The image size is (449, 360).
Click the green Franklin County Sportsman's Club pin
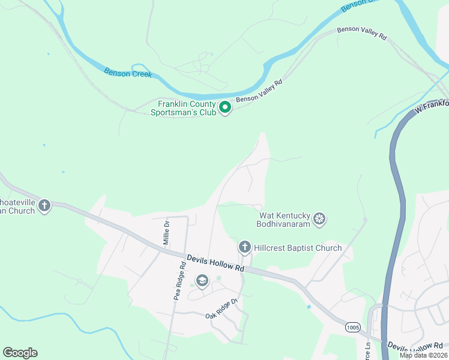tap(225, 108)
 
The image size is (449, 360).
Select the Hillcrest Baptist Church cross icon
tap(244, 247)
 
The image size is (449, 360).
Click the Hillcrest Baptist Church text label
tap(298, 248)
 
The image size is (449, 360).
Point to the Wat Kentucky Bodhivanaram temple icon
tap(320, 219)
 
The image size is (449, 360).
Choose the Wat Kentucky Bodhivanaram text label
tap(285, 219)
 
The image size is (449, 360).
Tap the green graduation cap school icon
tap(202, 281)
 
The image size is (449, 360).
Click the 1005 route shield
tap(353, 327)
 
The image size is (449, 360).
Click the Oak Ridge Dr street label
tap(222, 307)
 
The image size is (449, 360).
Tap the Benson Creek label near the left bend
tap(128, 73)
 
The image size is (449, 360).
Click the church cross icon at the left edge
tap(44, 206)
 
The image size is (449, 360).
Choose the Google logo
tap(20, 353)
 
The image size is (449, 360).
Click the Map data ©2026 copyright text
tap(423, 355)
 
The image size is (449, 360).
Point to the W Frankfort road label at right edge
tap(432, 107)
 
